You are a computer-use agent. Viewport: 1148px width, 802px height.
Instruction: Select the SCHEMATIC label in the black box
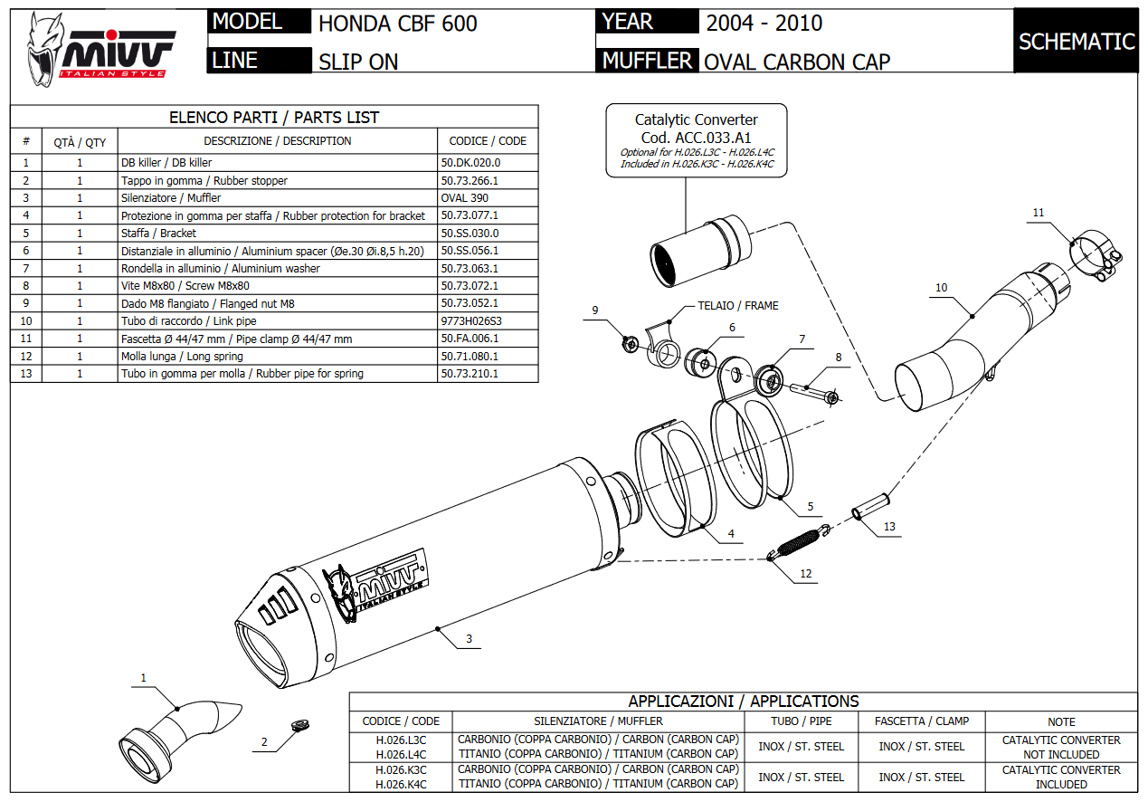pyautogui.click(x=1076, y=42)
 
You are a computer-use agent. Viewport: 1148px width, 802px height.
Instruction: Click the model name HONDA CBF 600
pyautogui.click(x=397, y=24)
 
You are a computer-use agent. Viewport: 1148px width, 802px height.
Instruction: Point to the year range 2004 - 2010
pyautogui.click(x=764, y=24)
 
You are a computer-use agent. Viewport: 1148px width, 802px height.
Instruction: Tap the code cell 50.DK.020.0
pyautogui.click(x=470, y=163)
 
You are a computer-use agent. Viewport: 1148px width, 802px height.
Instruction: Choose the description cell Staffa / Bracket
pyautogui.click(x=158, y=234)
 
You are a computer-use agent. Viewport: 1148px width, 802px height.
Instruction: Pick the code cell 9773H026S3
pyautogui.click(x=470, y=321)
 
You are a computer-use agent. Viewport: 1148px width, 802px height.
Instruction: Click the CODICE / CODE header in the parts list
pyautogui.click(x=487, y=141)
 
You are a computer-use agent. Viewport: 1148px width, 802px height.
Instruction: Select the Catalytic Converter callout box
pyautogui.click(x=696, y=141)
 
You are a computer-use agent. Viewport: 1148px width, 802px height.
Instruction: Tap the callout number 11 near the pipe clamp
pyautogui.click(x=1039, y=213)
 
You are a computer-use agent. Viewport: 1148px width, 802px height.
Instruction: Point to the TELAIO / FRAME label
pyautogui.click(x=737, y=306)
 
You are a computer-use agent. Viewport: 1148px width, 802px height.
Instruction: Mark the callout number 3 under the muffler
pyautogui.click(x=469, y=640)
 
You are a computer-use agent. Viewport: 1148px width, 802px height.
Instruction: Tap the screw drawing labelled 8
pyautogui.click(x=811, y=391)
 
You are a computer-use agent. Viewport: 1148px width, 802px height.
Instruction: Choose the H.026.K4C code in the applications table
pyautogui.click(x=401, y=784)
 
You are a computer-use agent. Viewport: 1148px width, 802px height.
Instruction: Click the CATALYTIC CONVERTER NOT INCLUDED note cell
pyautogui.click(x=1060, y=747)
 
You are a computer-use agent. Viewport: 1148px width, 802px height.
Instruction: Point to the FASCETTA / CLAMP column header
pyautogui.click(x=921, y=721)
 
